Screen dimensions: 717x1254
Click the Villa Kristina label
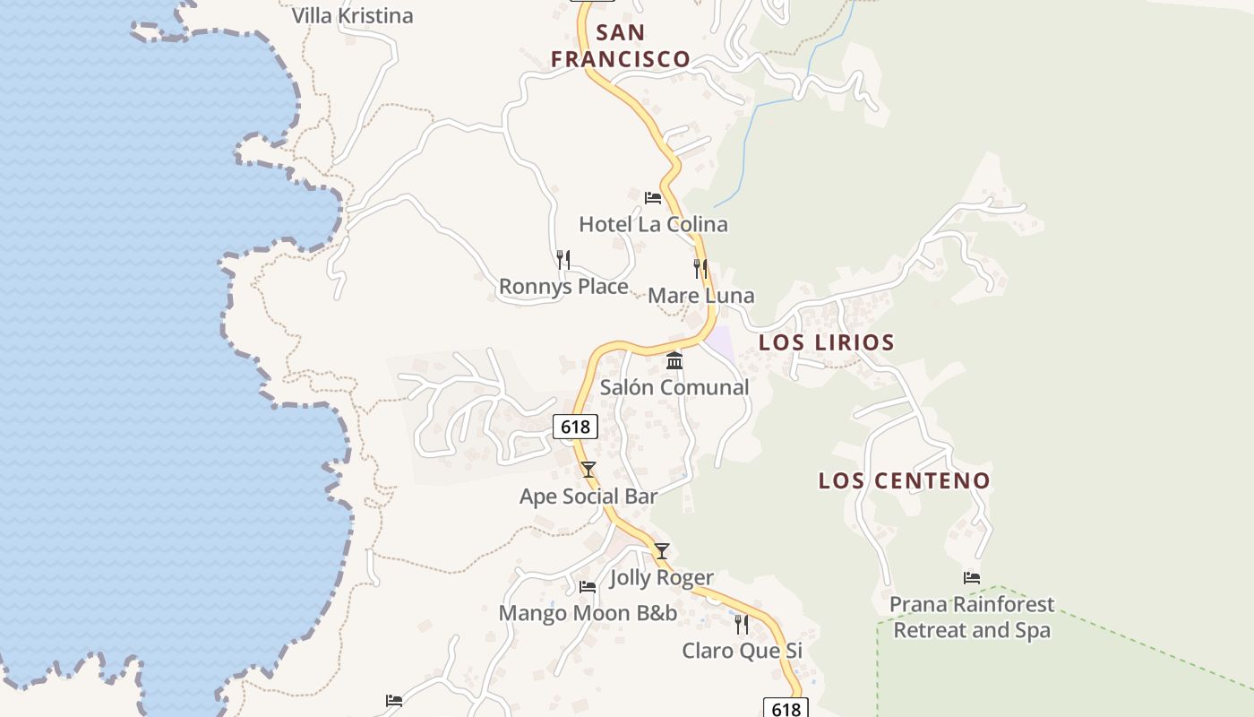(x=353, y=16)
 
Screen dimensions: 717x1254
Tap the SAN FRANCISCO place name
(x=621, y=47)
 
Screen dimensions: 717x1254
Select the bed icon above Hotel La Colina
(x=653, y=197)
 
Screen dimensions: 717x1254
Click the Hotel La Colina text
(x=653, y=224)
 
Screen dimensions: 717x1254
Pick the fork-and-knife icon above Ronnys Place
(x=563, y=260)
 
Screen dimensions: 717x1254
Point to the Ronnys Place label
(x=563, y=287)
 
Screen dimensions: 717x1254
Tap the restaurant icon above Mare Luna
(x=700, y=268)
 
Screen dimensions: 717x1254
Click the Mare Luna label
(x=700, y=296)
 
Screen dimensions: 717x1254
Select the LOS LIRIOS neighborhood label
(x=827, y=342)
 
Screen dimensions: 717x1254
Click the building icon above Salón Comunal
(x=674, y=360)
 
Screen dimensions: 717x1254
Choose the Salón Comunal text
(x=674, y=387)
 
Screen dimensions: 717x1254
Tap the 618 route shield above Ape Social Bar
(x=575, y=427)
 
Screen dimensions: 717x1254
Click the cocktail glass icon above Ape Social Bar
(x=588, y=470)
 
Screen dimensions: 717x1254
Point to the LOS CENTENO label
(x=905, y=480)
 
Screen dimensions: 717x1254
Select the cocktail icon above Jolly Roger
(x=661, y=551)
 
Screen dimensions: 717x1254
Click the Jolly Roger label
(x=662, y=578)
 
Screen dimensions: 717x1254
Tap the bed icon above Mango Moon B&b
(x=588, y=586)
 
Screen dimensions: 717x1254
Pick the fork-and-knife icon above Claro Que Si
(x=742, y=624)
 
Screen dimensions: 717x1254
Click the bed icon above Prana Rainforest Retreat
(x=972, y=578)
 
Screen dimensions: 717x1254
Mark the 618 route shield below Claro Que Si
(x=786, y=709)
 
